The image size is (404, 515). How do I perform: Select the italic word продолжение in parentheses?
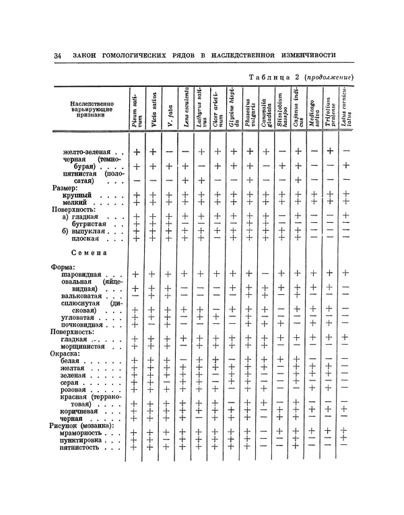[328, 76]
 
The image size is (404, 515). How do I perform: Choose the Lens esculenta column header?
[185, 108]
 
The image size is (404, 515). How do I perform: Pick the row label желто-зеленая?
[88, 152]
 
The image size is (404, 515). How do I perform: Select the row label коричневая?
[81, 409]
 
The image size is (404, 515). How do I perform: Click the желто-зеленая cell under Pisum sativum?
[137, 152]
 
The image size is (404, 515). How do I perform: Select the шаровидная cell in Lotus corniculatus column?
[346, 273]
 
